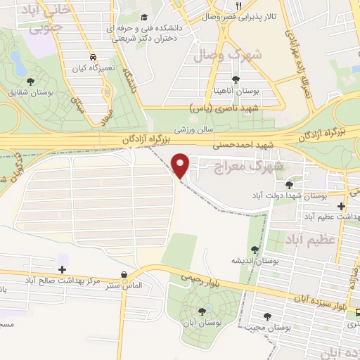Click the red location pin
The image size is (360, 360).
coord(181,165)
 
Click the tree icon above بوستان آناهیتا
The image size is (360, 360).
coord(236,79)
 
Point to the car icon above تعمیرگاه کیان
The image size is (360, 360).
coord(94,58)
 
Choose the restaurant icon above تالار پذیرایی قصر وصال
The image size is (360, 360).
coord(239,6)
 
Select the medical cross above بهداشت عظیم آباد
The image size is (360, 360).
coord(341,206)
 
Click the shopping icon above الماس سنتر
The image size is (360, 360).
coord(124,275)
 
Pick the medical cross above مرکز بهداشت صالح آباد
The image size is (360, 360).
coord(63,269)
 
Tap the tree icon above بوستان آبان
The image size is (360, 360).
coord(202,310)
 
